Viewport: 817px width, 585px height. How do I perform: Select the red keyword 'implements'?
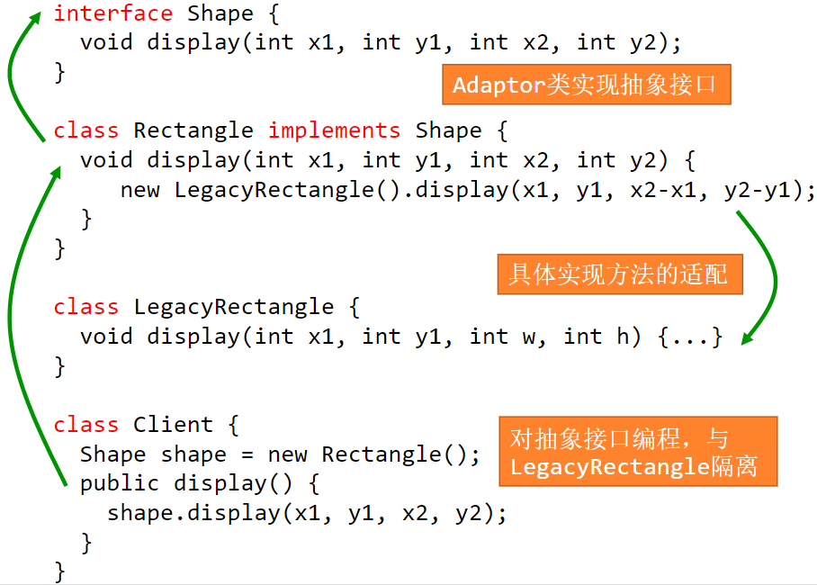(334, 130)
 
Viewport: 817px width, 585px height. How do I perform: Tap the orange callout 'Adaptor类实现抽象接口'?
(586, 85)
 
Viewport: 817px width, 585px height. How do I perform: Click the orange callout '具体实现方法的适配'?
(619, 274)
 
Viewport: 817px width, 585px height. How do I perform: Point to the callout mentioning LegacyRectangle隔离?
(637, 453)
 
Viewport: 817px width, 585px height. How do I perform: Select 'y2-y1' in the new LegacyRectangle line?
(763, 190)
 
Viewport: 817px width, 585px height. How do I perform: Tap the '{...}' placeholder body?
(690, 337)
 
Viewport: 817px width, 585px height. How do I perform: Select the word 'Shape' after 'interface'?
(220, 13)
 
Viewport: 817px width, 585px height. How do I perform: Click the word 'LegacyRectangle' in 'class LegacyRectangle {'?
(233, 307)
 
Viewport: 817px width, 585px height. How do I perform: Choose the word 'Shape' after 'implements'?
(448, 130)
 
